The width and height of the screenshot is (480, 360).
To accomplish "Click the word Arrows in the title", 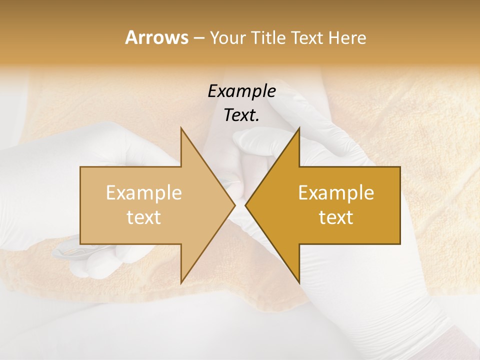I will click(x=157, y=37).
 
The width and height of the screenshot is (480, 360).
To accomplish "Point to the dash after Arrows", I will click(x=198, y=38).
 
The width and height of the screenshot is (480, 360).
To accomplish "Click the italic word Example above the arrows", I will click(x=241, y=91).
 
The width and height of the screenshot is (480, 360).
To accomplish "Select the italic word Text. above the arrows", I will click(x=241, y=115).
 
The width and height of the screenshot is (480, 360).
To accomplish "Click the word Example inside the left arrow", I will click(x=144, y=193).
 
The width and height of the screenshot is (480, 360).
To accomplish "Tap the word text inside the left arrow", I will click(x=144, y=217).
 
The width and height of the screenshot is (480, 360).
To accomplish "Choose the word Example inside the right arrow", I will click(x=336, y=193).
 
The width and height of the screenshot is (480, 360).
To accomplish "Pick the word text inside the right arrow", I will click(x=336, y=217).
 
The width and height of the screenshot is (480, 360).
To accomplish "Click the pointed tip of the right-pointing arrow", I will click(x=235, y=205).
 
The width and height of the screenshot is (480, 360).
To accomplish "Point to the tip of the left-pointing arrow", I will click(x=245, y=205).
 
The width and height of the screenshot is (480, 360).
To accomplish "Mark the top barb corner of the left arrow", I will click(x=181, y=128).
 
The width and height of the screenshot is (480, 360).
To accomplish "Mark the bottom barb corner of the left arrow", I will click(x=181, y=282).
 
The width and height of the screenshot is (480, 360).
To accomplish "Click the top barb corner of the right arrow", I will click(x=299, y=128).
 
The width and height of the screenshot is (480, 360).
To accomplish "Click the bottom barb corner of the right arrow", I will click(x=299, y=282).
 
